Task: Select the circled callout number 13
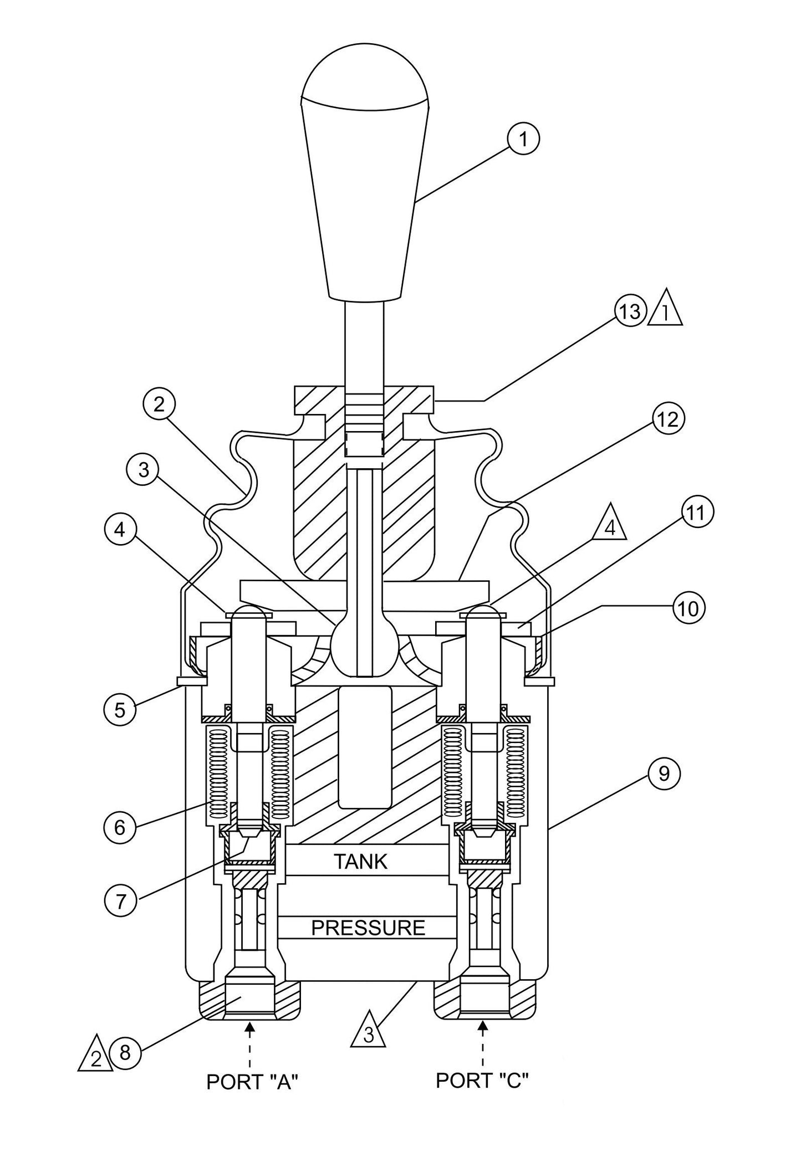[629, 312]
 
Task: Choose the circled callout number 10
[688, 608]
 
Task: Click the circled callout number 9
[664, 774]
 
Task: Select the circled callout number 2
[159, 405]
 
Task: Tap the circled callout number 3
[144, 470]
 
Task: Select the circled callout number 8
[125, 1052]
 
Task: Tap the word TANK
[360, 862]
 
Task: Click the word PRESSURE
[368, 928]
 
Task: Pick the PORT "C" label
[481, 1080]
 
